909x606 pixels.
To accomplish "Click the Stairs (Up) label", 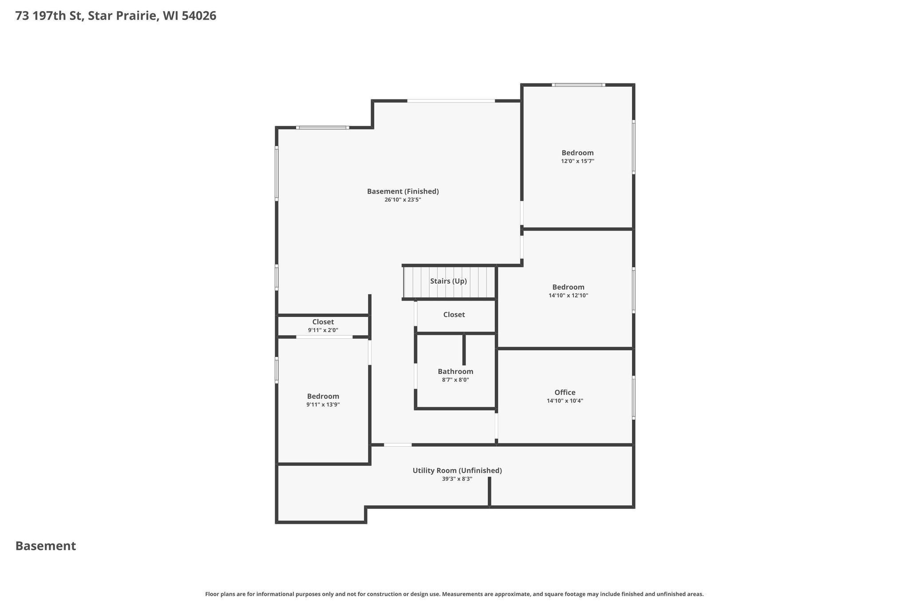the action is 448,281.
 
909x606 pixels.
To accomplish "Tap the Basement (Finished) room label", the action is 403,191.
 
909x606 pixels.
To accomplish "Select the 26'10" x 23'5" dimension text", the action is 403,200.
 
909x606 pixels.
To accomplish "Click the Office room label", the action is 565,392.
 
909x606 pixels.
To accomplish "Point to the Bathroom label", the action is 455,372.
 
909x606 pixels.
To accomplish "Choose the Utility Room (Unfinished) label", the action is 457,471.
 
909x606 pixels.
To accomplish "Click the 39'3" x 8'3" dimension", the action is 457,479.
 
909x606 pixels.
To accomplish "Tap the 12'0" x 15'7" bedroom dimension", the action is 577,161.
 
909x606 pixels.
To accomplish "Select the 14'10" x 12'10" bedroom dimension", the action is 568,295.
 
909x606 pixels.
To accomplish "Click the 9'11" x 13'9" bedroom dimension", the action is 323,404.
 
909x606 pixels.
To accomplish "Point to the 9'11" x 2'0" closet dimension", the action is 323,330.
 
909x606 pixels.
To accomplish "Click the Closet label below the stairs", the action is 454,315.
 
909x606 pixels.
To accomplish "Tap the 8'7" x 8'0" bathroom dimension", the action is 455,380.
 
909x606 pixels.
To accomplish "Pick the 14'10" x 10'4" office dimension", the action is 565,401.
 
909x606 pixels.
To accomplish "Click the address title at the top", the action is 116,16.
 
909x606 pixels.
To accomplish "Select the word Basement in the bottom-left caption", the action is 46,546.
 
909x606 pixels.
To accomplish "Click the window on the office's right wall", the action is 633,397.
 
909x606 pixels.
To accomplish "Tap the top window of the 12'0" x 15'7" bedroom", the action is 578,85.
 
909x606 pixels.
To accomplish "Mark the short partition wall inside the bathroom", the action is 464,349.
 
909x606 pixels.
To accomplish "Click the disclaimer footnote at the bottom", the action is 454,594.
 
